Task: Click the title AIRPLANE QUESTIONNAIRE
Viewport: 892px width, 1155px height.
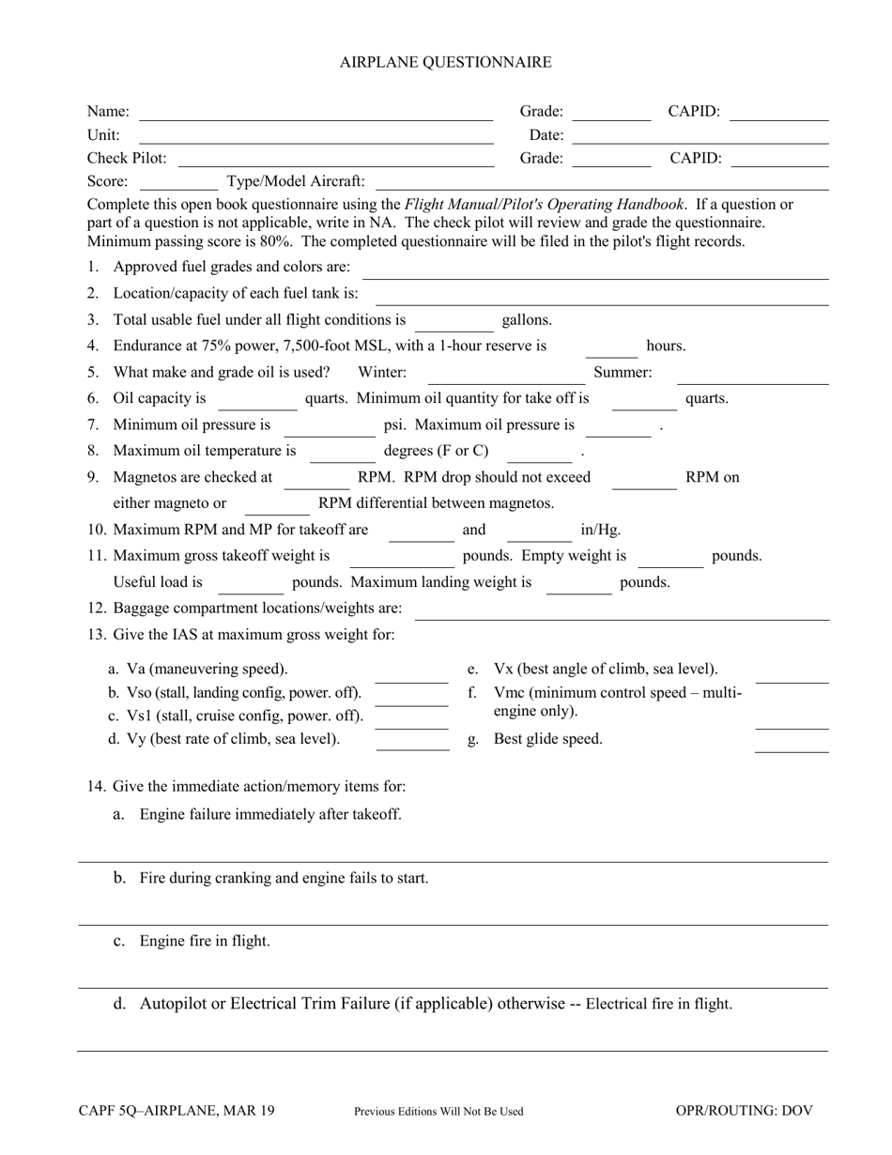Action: coord(445,62)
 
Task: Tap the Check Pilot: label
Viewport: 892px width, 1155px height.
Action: coord(127,158)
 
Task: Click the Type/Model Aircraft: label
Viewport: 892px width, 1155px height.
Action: coord(296,181)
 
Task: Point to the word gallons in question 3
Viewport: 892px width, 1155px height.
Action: coord(527,319)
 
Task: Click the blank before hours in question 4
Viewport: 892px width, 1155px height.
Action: coord(611,354)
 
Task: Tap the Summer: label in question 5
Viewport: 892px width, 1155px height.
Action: coord(623,372)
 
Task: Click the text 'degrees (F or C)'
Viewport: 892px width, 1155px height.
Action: coord(436,451)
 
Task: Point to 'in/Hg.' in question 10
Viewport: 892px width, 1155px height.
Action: coord(601,530)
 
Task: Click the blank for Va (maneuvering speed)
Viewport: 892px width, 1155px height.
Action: coord(411,680)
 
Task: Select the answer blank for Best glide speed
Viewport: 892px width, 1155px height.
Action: coord(792,749)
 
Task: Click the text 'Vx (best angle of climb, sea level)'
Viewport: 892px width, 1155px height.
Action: coord(606,669)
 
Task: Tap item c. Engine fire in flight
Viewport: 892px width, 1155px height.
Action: coord(204,941)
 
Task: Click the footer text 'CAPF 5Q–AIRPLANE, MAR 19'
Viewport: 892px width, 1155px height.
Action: coord(177,1111)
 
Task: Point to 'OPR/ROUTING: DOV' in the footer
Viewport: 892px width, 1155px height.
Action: coord(744,1111)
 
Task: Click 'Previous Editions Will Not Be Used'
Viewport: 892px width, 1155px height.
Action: coord(438,1112)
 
